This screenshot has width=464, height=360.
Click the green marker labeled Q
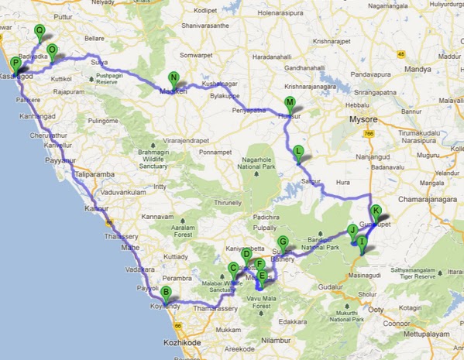click(40, 31)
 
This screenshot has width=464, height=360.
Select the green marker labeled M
click(290, 103)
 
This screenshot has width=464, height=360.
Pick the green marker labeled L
click(298, 151)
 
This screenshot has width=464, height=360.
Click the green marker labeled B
click(165, 293)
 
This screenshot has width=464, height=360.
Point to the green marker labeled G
click(283, 242)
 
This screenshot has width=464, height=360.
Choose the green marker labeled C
click(232, 269)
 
